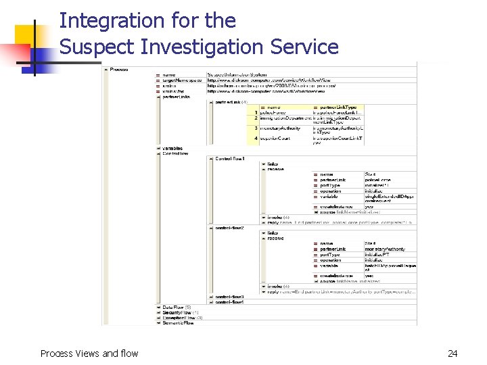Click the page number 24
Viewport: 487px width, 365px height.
click(453, 353)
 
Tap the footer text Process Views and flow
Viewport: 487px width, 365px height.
click(89, 353)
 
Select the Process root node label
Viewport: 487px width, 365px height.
click(119, 69)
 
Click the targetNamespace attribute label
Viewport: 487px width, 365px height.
click(182, 80)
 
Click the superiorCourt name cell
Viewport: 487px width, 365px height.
click(281, 138)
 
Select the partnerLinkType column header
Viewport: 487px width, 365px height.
click(338, 107)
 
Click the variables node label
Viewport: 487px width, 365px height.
click(172, 148)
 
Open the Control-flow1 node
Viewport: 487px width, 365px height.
click(230, 159)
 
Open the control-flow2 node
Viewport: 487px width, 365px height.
click(229, 228)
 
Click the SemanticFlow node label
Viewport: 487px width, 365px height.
click(178, 323)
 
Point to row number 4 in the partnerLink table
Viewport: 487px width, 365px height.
click(256, 138)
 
